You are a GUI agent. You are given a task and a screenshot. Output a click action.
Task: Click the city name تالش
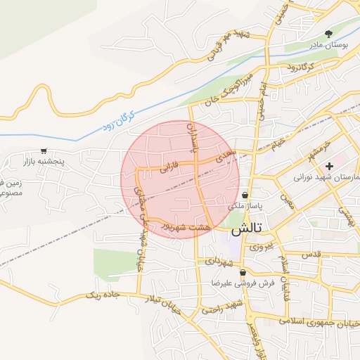point(245,229)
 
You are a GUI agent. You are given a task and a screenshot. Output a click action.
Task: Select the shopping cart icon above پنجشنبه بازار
point(44,150)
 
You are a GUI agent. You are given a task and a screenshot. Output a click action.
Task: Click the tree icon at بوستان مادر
point(328,33)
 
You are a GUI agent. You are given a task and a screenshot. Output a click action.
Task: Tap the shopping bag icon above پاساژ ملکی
point(245,195)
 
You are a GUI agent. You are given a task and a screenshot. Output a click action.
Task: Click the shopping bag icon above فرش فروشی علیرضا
point(243,272)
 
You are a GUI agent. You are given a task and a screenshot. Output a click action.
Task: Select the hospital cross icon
point(329,165)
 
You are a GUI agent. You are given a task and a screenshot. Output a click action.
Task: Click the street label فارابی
point(170,167)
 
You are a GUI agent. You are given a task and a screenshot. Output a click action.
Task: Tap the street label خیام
point(280,142)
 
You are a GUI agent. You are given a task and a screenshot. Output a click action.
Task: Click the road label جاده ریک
point(99,294)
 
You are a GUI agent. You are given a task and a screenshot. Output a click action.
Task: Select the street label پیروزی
point(260,247)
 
